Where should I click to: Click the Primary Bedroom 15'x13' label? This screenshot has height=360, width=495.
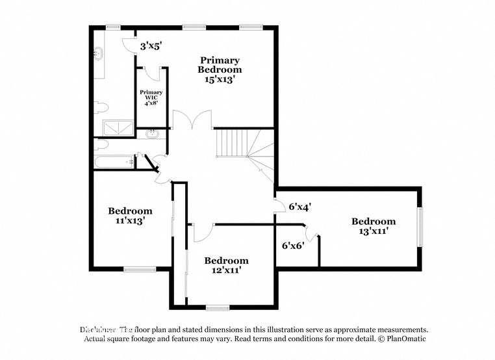(220, 70)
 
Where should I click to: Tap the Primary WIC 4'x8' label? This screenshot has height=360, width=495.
(151, 97)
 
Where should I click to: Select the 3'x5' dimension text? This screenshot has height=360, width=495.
(151, 46)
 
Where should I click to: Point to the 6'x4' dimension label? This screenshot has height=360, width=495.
(299, 207)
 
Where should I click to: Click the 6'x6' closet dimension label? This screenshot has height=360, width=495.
(293, 246)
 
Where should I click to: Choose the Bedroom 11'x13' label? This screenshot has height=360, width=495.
(130, 216)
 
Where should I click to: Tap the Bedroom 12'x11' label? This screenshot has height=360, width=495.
(226, 265)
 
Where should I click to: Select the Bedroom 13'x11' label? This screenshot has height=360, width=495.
(373, 226)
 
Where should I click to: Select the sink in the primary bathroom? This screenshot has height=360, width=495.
(99, 55)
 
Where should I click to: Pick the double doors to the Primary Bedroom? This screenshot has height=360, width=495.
(192, 120)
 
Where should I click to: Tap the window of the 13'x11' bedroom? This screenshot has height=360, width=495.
(420, 227)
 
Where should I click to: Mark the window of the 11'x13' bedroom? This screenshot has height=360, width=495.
(140, 268)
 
